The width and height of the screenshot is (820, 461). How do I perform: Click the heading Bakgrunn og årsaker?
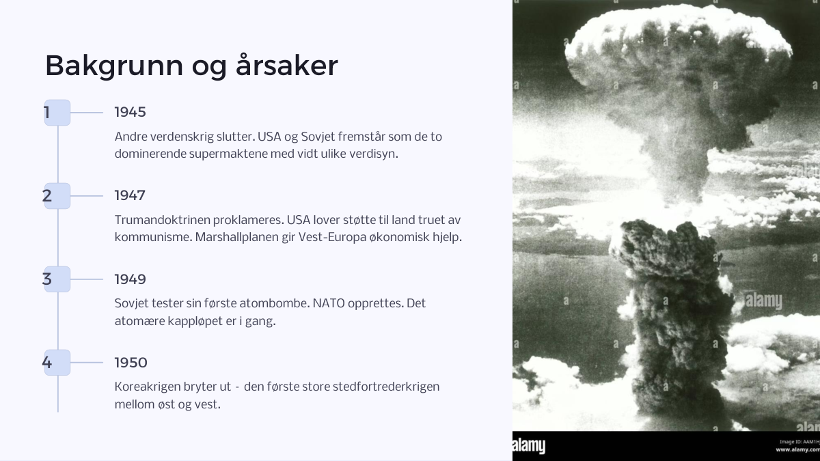tap(191, 66)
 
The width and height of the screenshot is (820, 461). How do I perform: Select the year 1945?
tap(130, 112)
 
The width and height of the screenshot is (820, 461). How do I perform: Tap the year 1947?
tap(130, 195)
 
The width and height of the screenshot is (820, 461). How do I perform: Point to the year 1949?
tap(130, 279)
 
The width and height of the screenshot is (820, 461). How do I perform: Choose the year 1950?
tap(131, 363)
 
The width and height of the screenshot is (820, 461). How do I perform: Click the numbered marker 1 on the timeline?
tap(57, 113)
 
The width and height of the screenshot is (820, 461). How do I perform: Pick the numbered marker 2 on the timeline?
tap(57, 196)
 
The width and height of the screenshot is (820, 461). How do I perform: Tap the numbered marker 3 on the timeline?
tap(57, 279)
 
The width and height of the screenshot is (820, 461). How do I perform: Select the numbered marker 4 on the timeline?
tap(57, 363)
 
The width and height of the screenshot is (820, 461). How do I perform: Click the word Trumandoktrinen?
tap(162, 220)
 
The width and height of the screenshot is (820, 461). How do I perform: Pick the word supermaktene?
tap(228, 154)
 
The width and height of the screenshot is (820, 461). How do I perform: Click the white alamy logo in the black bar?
tap(529, 446)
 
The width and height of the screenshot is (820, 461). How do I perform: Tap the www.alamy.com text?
tap(797, 449)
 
